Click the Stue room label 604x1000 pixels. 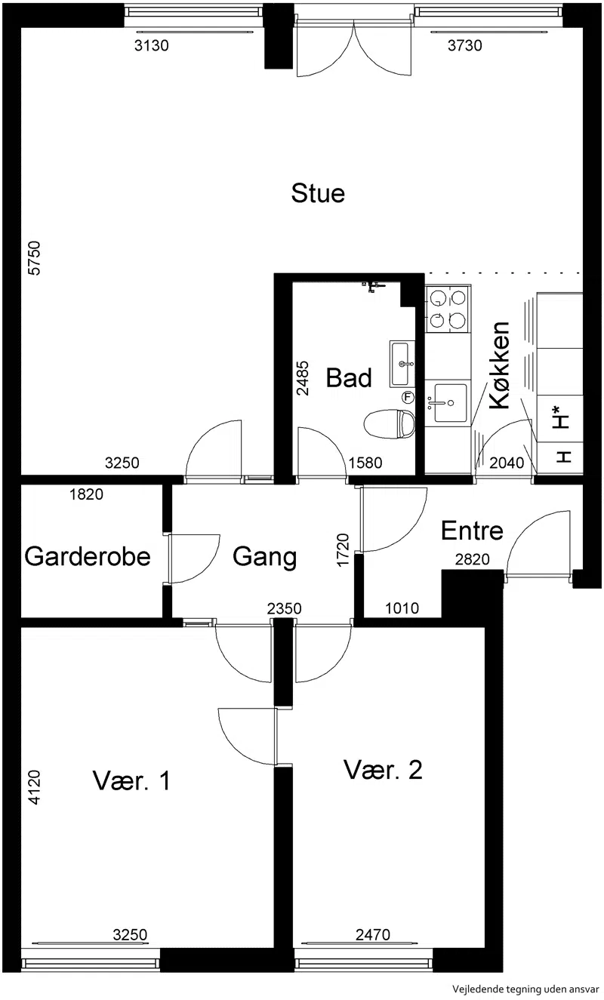pos(318,193)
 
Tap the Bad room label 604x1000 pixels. pos(349,377)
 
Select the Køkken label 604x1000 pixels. pos(500,365)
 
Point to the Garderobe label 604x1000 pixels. pos(87,557)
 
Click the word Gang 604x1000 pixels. pos(264,558)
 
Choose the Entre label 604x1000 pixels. pos(472,531)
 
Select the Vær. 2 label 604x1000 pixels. pos(383,770)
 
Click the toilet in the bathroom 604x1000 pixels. pos(390,423)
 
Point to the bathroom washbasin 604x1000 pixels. pos(402,364)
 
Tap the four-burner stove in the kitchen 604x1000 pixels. pos(448,309)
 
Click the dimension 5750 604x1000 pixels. pos(34,258)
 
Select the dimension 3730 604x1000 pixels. pos(465,45)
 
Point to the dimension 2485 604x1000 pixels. pos(303,378)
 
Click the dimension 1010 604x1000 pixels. pos(402,608)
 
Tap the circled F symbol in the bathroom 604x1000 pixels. pos(408,397)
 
